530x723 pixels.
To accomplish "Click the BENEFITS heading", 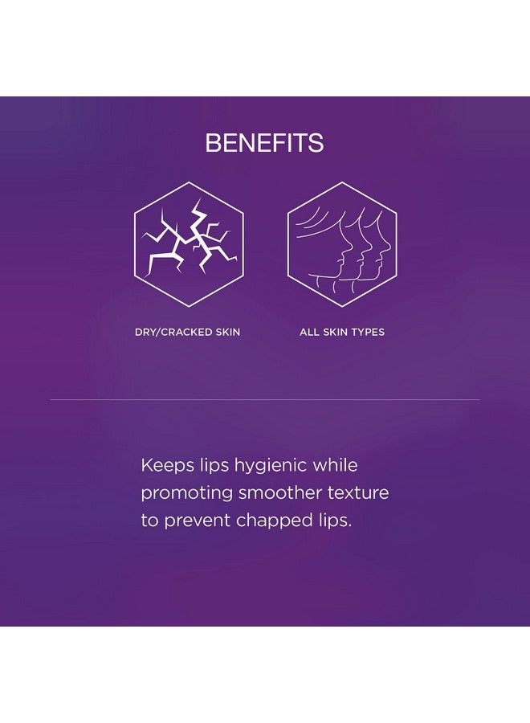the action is (x=264, y=143).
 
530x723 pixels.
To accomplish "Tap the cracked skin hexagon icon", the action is (x=189, y=244).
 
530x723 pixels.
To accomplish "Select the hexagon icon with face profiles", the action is (x=341, y=244).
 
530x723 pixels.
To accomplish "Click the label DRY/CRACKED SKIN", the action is (x=188, y=332).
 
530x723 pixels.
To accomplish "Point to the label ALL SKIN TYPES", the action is (x=342, y=332).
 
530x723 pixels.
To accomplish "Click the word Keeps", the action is (x=168, y=465).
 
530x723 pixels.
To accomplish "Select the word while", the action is (x=335, y=464).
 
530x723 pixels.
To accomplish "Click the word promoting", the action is (x=186, y=494).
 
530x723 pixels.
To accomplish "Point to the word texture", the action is (x=358, y=493).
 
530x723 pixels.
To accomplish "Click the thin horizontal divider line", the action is (x=265, y=399).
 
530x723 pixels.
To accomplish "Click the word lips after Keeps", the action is (x=214, y=466).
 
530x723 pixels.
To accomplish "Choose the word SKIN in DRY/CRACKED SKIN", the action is (x=228, y=332).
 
